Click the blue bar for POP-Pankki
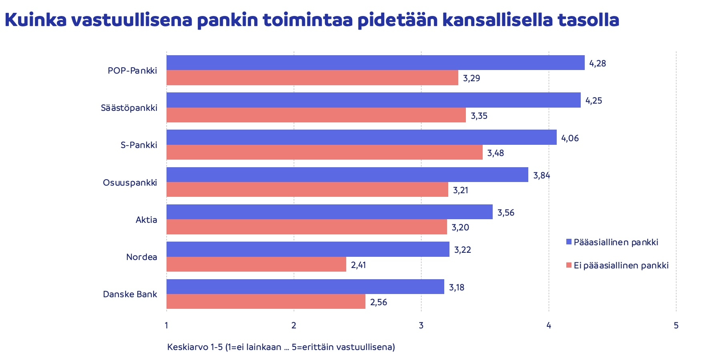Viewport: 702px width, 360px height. pyautogui.click(x=375, y=63)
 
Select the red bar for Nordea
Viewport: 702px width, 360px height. pyautogui.click(x=256, y=264)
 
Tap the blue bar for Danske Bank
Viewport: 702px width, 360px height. pyautogui.click(x=305, y=287)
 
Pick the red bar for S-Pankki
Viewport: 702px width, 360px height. pyautogui.click(x=324, y=152)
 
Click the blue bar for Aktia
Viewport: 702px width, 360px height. pyautogui.click(x=329, y=212)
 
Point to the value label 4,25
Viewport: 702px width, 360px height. pyautogui.click(x=594, y=101)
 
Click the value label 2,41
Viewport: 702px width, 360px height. pyautogui.click(x=358, y=265)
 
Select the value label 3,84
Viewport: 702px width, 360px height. pyautogui.click(x=542, y=175)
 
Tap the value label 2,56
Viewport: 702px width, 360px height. pyautogui.click(x=379, y=302)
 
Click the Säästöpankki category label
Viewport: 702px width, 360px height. pyautogui.click(x=129, y=108)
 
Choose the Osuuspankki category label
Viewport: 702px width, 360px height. pyautogui.click(x=130, y=183)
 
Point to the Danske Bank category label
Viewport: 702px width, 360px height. pyautogui.click(x=130, y=294)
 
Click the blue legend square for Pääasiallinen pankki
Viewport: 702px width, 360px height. pyautogui.click(x=569, y=242)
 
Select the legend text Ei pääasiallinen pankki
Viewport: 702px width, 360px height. pyautogui.click(x=621, y=266)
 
